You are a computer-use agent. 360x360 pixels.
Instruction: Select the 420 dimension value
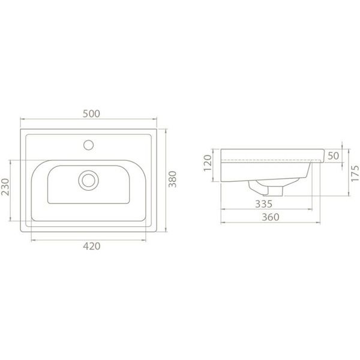(x=91, y=246)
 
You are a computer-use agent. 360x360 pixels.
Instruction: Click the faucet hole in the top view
(x=89, y=144)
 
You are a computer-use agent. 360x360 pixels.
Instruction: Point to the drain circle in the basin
(x=89, y=179)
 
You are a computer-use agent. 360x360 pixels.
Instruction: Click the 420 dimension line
(x=60, y=239)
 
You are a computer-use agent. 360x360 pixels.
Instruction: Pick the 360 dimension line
(x=240, y=223)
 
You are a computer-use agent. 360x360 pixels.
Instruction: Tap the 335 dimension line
(x=240, y=209)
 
